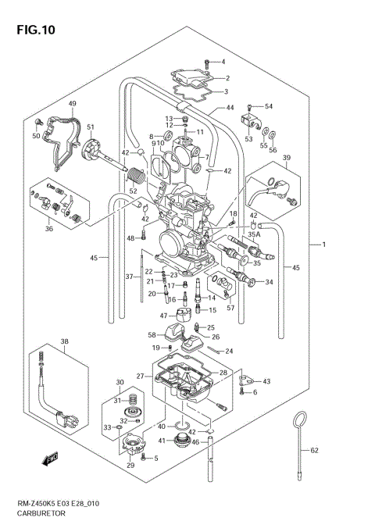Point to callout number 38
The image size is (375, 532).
click(64, 341)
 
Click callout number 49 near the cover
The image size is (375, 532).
click(72, 104)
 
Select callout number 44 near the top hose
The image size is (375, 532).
click(230, 108)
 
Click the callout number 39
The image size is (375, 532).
click(287, 158)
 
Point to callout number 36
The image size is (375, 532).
click(49, 228)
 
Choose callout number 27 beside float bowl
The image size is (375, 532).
click(141, 376)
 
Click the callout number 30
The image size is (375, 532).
click(120, 382)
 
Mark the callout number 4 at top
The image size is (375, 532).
click(222, 61)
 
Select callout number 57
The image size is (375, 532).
click(230, 308)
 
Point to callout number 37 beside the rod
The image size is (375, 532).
click(130, 276)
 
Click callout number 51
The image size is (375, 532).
click(91, 127)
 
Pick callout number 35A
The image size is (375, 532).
click(254, 233)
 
